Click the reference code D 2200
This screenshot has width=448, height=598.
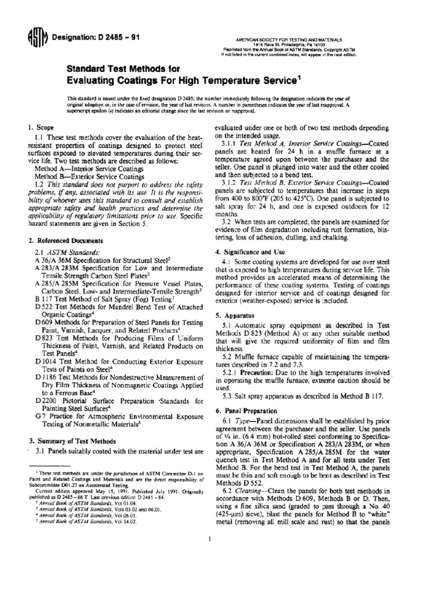point(47,402)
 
